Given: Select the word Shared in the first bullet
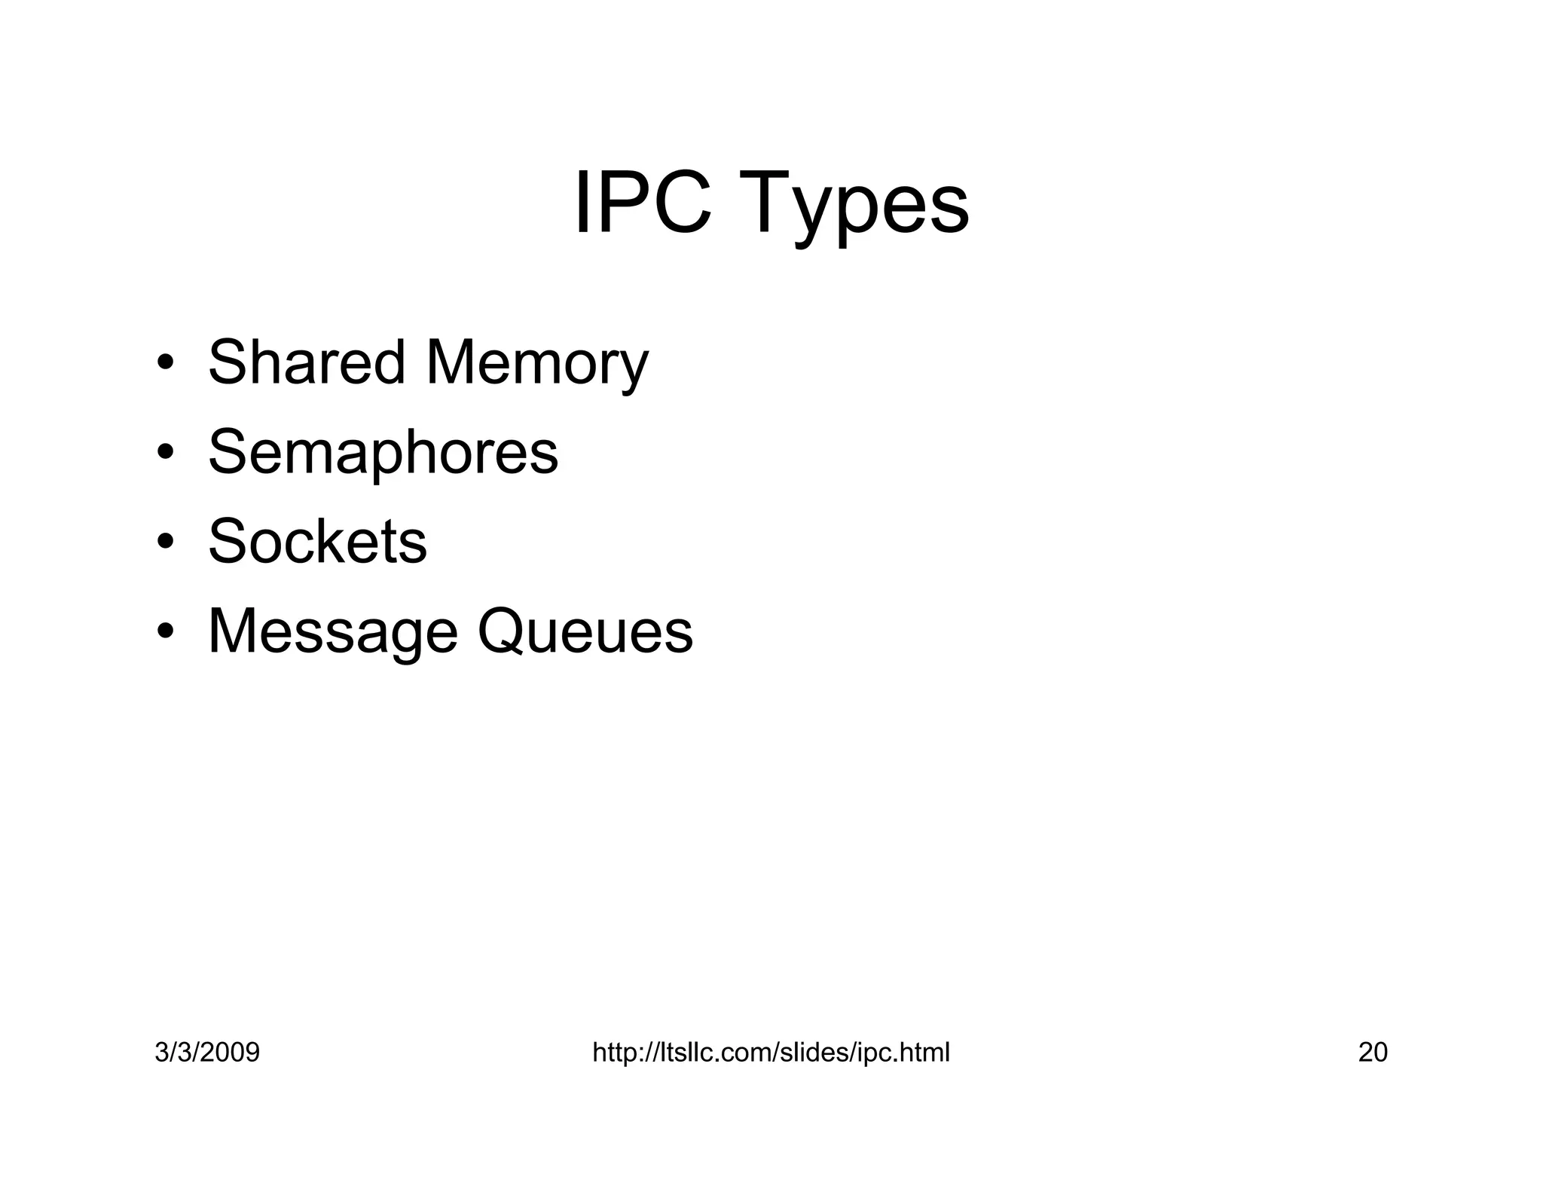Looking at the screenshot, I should coord(306,362).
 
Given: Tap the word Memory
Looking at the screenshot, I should coord(536,364).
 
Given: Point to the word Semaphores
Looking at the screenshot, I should coord(383,452).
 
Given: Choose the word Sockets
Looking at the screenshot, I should coord(317,541).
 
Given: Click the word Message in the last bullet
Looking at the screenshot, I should coord(332,631).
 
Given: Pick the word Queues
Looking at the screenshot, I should coord(585,631).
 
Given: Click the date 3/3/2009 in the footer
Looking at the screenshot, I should coord(207,1053).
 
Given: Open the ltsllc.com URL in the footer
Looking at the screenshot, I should coord(771,1053).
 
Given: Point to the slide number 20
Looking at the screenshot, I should coord(1373,1053).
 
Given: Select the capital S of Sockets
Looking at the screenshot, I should coord(227,541).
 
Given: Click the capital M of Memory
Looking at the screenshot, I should coord(451,362).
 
